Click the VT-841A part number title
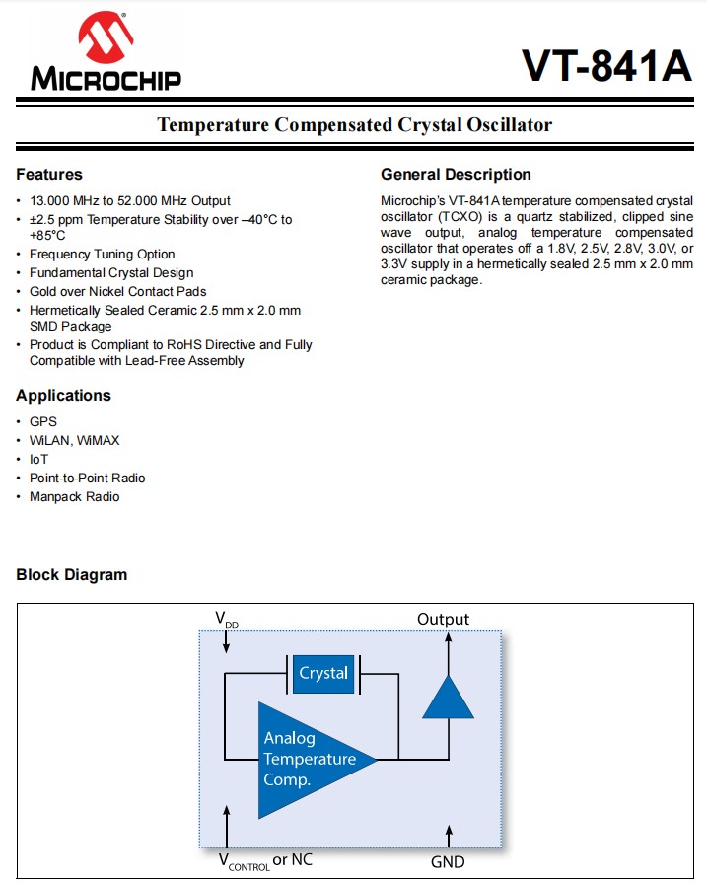[x=606, y=66]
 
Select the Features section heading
[x=49, y=175]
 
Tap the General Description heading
[x=456, y=175]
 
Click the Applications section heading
[x=63, y=396]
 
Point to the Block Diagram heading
[x=71, y=575]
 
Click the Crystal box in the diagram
[x=323, y=674]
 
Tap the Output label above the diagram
[x=443, y=620]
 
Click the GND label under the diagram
[x=448, y=861]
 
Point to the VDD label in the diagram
[x=227, y=621]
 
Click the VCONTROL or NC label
[x=265, y=861]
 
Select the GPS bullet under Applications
[x=43, y=421]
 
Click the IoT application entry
[x=39, y=459]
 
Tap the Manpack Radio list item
[x=74, y=496]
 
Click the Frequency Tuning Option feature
[x=102, y=254]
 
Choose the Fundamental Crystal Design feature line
[x=110, y=272]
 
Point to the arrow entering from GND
[x=449, y=834]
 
